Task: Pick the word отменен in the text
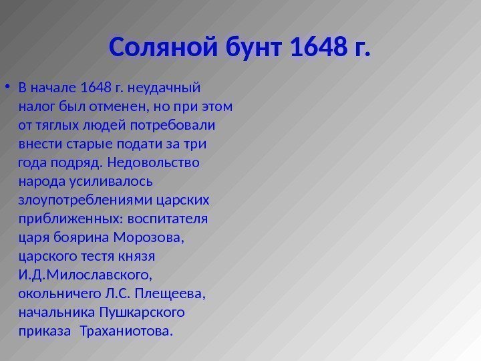136,106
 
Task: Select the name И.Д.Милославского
86,274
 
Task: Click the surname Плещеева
170,293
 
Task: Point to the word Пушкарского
141,312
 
